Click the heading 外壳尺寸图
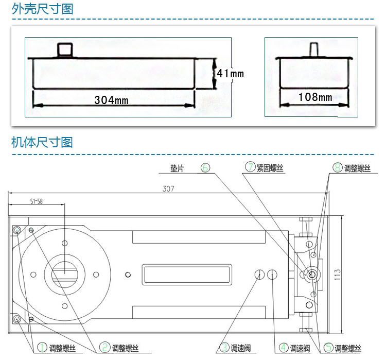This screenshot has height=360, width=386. (x=42, y=9)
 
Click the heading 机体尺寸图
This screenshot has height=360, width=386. (x=42, y=143)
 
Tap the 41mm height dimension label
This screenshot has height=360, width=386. (x=231, y=74)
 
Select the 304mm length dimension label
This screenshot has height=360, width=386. (x=111, y=100)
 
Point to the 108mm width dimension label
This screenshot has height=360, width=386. (x=315, y=97)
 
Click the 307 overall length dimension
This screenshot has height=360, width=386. (x=168, y=188)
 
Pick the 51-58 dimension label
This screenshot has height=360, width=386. (x=37, y=201)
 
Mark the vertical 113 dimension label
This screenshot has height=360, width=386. (x=338, y=275)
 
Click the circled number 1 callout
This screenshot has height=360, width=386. (x=42, y=347)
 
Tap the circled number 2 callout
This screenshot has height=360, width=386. (x=104, y=347)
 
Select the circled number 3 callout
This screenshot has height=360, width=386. (x=224, y=348)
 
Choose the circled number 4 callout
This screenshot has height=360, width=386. (x=284, y=348)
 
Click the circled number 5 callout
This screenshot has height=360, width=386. (x=328, y=348)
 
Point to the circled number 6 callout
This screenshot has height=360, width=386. (x=205, y=167)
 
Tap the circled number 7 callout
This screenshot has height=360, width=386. (x=250, y=167)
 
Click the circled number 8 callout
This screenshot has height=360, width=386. (x=338, y=167)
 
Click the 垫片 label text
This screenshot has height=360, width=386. (x=177, y=168)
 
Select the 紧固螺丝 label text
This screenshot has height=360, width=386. (x=270, y=168)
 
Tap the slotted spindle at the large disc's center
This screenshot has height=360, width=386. (x=64, y=274)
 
